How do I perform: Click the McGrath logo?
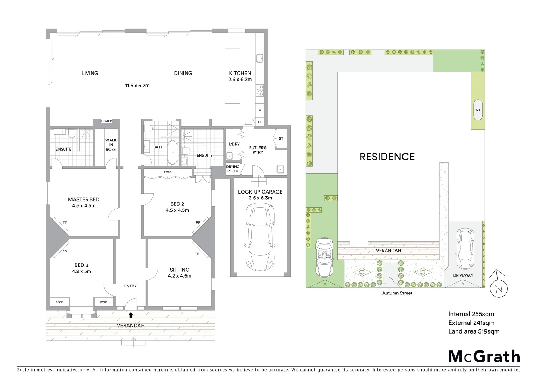click(484, 356)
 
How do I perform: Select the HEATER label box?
click(106, 121)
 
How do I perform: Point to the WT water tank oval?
click(478, 110)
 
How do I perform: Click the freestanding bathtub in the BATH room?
click(173, 153)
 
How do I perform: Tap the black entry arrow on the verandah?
click(131, 315)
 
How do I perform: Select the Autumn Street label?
click(397, 293)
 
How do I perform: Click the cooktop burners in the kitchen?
click(260, 91)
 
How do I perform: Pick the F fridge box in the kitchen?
click(260, 110)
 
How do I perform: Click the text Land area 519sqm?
click(474, 331)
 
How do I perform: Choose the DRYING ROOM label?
click(233, 169)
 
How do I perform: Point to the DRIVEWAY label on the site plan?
click(463, 275)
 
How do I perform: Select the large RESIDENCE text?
click(387, 157)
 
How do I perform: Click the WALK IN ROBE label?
click(111, 145)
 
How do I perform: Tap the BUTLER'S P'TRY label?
click(258, 150)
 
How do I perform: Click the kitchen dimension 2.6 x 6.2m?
click(240, 80)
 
